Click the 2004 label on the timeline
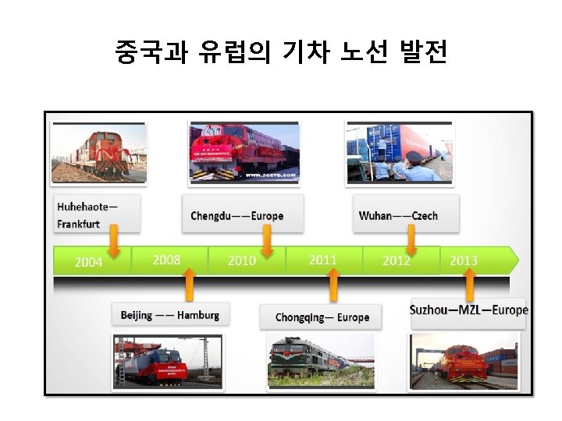click(88, 262)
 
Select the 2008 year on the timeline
click(166, 259)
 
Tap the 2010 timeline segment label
click(242, 260)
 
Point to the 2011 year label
click(322, 259)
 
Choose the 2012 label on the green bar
click(397, 260)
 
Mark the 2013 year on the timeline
click(464, 260)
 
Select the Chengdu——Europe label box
click(237, 215)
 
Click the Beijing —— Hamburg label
click(170, 315)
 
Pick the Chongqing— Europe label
click(322, 317)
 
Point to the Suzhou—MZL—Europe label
click(468, 310)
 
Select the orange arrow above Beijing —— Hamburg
click(188, 285)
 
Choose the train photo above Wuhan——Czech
click(399, 152)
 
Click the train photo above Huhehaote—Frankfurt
click(98, 154)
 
